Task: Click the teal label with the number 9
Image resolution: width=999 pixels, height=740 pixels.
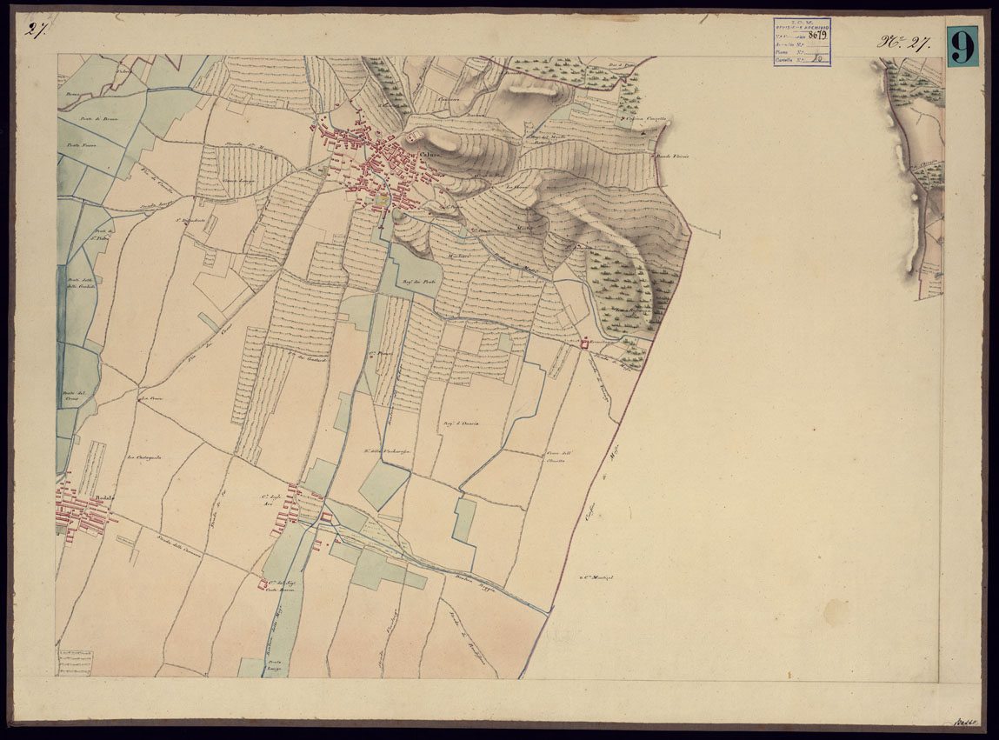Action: pos(963,45)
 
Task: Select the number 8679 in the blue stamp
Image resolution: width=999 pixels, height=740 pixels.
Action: pos(816,36)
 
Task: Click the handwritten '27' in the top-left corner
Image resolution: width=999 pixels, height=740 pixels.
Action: pos(37,31)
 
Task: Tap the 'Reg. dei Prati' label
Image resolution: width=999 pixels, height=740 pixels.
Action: pos(416,282)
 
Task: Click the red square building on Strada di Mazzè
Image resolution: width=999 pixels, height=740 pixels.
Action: pos(584,344)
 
